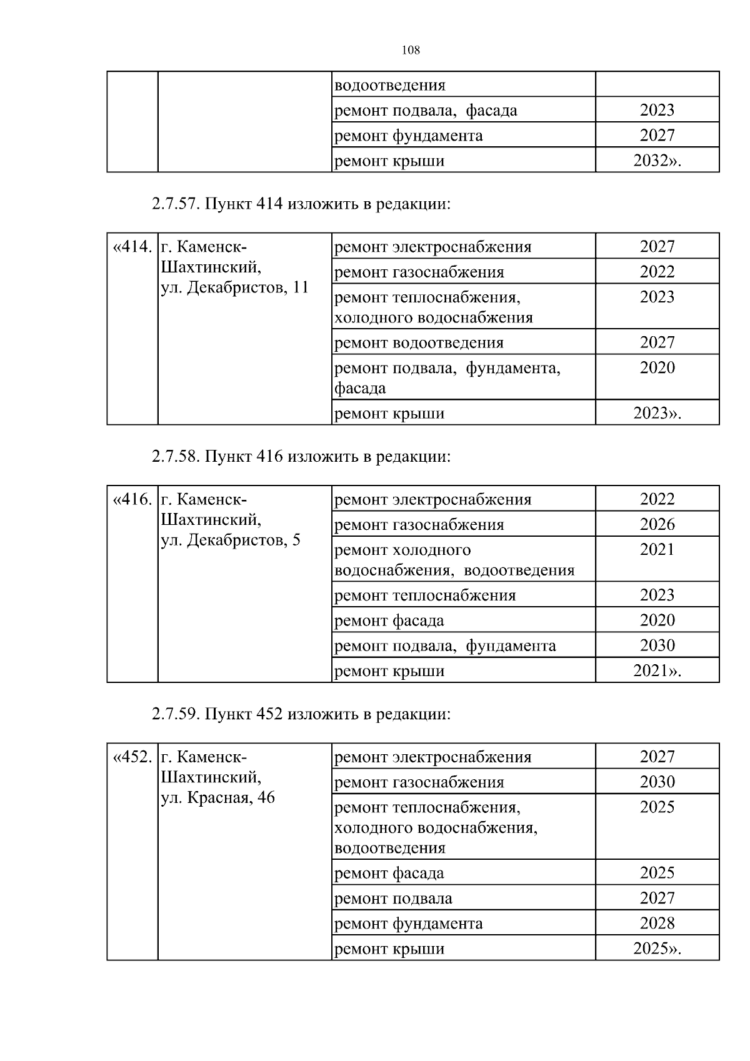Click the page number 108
tap(410, 51)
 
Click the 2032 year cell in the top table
tap(657, 161)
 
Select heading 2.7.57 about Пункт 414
tap(301, 204)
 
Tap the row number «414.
tap(132, 246)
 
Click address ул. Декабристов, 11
tap(235, 288)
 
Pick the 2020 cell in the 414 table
tap(657, 367)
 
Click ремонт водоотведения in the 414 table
tap(419, 342)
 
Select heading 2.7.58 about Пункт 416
tap(301, 456)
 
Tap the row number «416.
tap(132, 499)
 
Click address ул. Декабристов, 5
tap(231, 540)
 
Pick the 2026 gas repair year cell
tap(657, 524)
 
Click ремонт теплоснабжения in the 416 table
tap(425, 595)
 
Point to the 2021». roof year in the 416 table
tap(657, 670)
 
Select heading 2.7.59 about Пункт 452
tap(301, 714)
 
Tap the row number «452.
tap(132, 757)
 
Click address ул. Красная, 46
tap(218, 798)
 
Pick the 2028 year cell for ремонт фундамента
tap(657, 923)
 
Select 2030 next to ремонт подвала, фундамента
tap(657, 645)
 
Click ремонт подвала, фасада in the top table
tap(426, 111)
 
